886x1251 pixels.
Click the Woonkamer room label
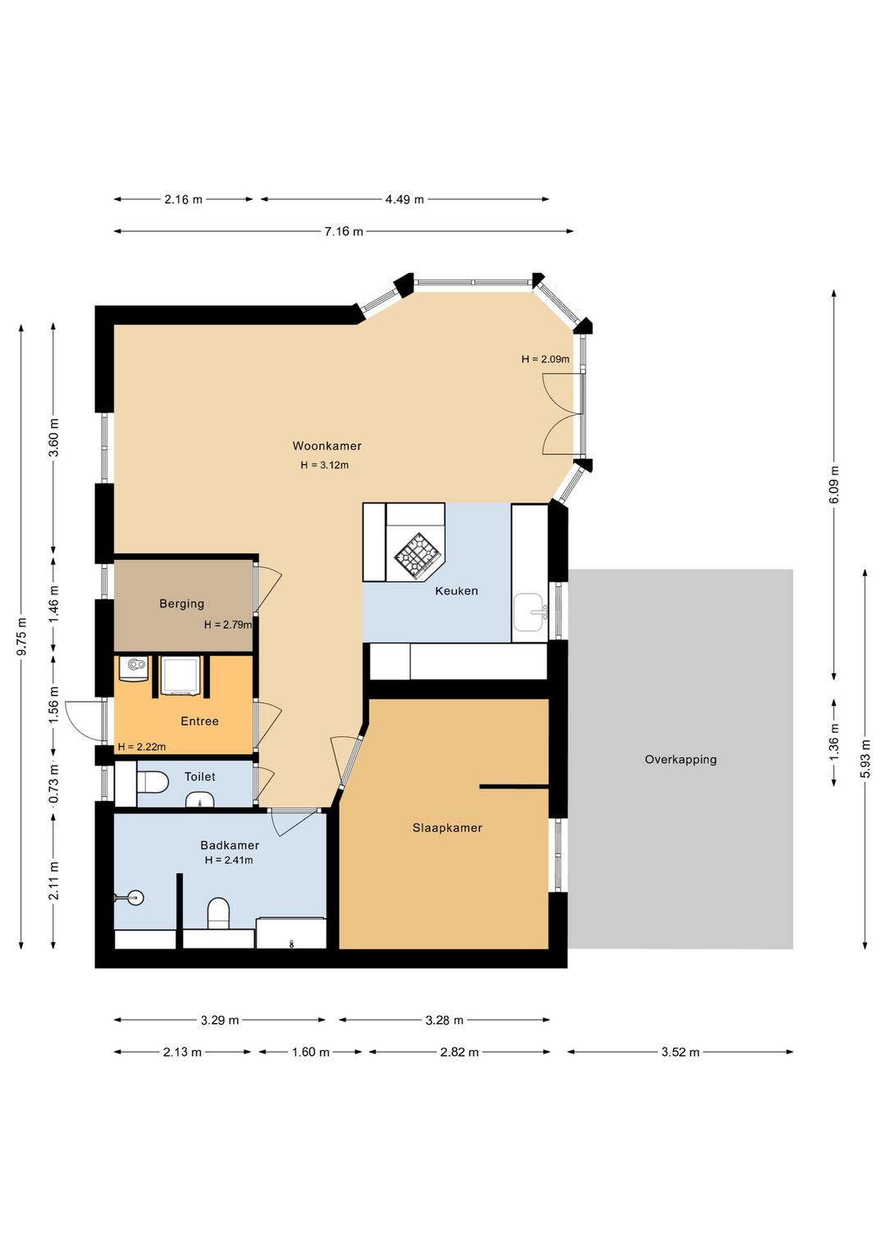327,446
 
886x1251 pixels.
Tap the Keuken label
456,590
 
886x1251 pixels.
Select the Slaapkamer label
446,828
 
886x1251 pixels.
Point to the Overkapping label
680,759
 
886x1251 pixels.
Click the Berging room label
181,603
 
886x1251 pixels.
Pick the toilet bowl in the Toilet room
153,782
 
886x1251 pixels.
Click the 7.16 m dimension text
344,231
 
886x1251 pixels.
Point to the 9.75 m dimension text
21,637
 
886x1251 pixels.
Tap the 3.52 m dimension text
680,1052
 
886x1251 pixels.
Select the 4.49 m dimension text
404,199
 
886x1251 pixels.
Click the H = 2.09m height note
545,359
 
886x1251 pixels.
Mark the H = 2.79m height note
227,625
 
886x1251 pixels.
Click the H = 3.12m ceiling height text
324,465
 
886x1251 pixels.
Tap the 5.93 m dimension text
865,758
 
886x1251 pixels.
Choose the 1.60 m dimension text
310,1052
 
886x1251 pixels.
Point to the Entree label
199,721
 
